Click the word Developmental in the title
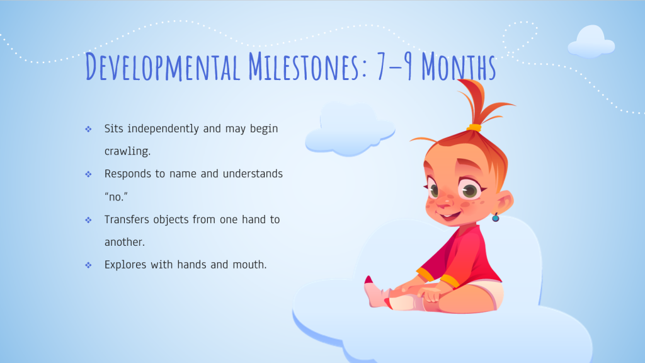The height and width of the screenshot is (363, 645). (163, 66)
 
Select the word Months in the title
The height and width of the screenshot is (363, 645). (459, 66)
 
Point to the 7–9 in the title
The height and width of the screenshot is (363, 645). (394, 66)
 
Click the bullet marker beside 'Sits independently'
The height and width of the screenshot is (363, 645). (88, 129)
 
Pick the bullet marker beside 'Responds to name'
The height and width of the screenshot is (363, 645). (88, 175)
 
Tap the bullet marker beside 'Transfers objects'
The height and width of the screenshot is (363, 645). (88, 220)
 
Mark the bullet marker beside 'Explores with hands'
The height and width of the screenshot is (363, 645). (88, 265)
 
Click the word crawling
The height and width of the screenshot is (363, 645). (127, 151)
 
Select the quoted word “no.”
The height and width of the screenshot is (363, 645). (116, 197)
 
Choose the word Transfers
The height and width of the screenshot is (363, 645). (127, 219)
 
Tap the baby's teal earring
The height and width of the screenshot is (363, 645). (496, 217)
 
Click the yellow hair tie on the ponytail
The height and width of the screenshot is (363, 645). (474, 127)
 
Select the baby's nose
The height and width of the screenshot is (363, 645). (444, 202)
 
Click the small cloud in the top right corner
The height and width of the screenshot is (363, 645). (591, 42)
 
